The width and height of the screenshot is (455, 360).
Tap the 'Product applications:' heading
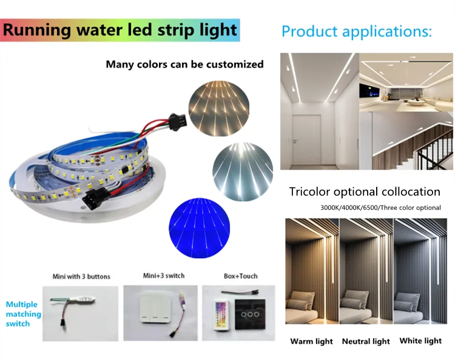357,32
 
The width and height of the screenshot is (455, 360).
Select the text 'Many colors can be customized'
184,64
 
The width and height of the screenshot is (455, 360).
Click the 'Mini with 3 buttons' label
82,276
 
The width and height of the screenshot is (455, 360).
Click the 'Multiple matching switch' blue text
23,314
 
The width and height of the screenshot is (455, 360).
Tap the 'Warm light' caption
311,341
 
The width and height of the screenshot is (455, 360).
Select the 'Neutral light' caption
366,341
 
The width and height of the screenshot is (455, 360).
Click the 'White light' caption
421,341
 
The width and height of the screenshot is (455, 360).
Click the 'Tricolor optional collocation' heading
365,192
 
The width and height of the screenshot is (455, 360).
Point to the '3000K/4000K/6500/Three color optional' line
380,207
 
